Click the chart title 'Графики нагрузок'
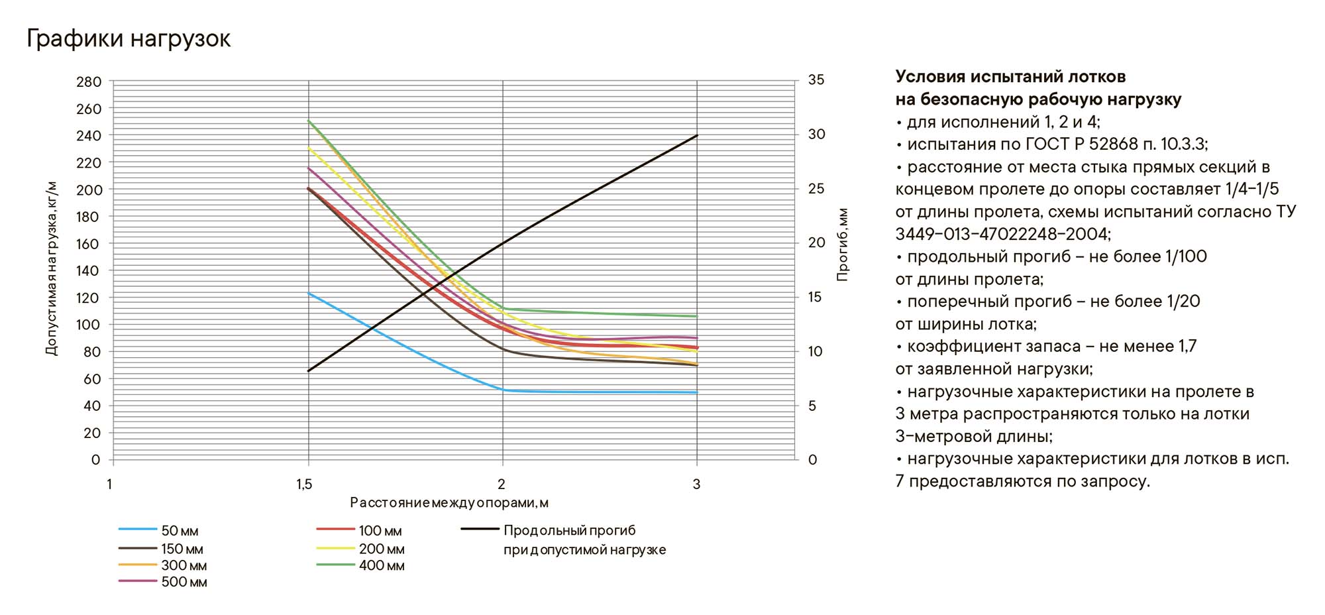point(129,39)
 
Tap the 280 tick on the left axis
point(89,82)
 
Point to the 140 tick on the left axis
point(89,270)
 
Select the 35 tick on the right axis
point(816,80)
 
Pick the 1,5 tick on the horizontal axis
point(305,484)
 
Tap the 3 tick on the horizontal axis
point(696,484)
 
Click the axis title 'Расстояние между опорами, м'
point(449,503)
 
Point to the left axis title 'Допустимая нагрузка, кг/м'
point(52,268)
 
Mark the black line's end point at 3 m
point(697,136)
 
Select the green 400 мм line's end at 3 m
point(697,316)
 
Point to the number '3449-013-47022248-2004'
point(1002,234)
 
